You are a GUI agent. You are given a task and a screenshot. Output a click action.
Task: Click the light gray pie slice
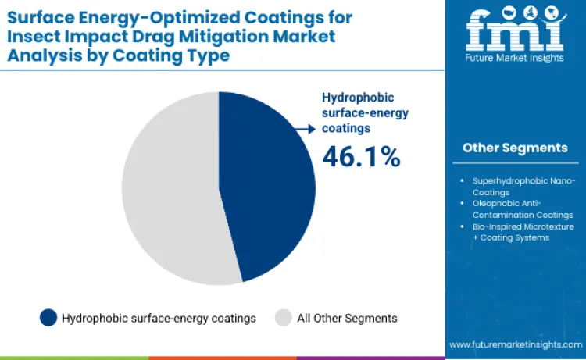[x=168, y=191]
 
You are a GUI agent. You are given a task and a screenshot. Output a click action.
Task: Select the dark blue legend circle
[x=48, y=318]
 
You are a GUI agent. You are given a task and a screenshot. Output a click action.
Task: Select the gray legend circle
[x=284, y=318]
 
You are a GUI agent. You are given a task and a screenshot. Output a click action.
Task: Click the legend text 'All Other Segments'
[x=347, y=318]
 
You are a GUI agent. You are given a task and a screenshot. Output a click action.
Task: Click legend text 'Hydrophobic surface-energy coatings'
[x=159, y=318]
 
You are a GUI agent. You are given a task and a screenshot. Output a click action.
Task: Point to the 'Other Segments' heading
[x=515, y=148]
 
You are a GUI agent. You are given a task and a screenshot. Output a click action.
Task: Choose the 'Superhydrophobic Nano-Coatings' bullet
[x=521, y=187]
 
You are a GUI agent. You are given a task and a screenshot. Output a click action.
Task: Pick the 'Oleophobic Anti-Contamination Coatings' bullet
[x=521, y=209]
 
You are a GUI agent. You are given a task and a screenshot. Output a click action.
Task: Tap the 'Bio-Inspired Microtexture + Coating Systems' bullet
[x=521, y=232]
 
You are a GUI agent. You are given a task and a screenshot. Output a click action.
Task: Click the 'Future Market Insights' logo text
[x=515, y=61]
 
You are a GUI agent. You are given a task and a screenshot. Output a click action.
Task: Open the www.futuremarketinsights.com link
[x=516, y=344]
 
